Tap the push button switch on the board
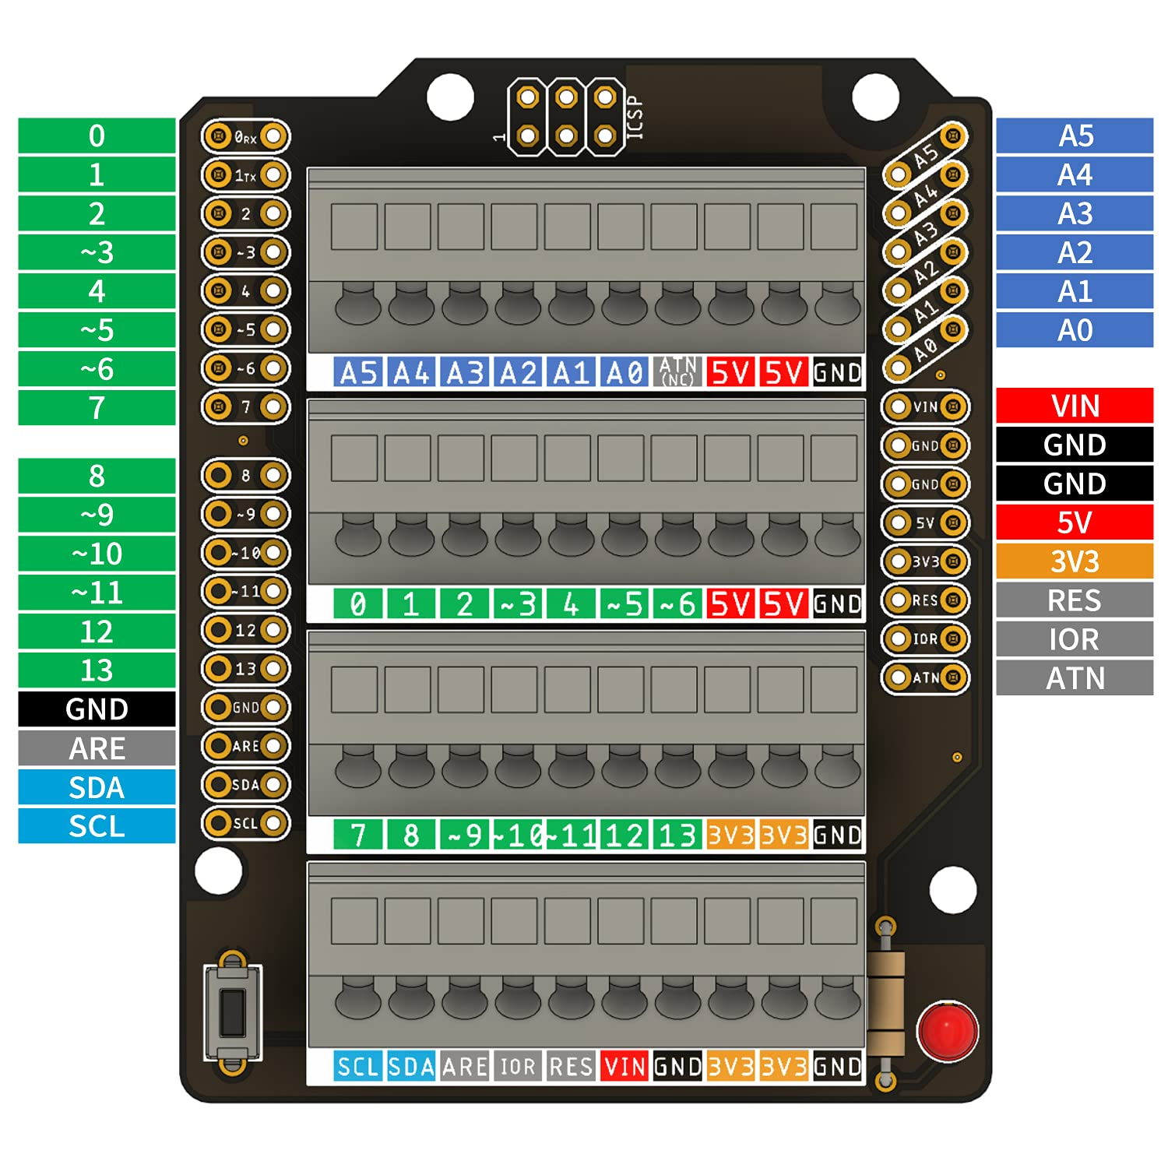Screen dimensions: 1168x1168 232,1011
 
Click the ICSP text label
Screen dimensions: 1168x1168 635,118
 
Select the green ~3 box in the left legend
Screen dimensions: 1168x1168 97,252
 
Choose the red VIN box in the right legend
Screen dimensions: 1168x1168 1074,406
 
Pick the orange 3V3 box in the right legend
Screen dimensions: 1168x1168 1074,561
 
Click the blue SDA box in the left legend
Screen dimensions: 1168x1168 97,787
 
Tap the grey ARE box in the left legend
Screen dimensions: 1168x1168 97,748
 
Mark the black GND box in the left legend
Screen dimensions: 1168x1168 97,709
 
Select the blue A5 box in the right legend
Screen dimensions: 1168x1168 1074,135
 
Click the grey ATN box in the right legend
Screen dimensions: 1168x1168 1074,678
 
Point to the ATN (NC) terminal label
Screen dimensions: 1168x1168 677,372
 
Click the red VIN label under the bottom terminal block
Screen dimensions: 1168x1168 624,1066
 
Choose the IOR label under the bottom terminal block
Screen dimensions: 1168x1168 518,1066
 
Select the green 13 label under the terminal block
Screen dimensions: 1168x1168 677,836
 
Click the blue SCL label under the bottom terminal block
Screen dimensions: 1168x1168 357,1066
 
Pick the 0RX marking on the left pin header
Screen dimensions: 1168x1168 245,137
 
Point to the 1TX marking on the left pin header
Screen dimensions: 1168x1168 245,176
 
